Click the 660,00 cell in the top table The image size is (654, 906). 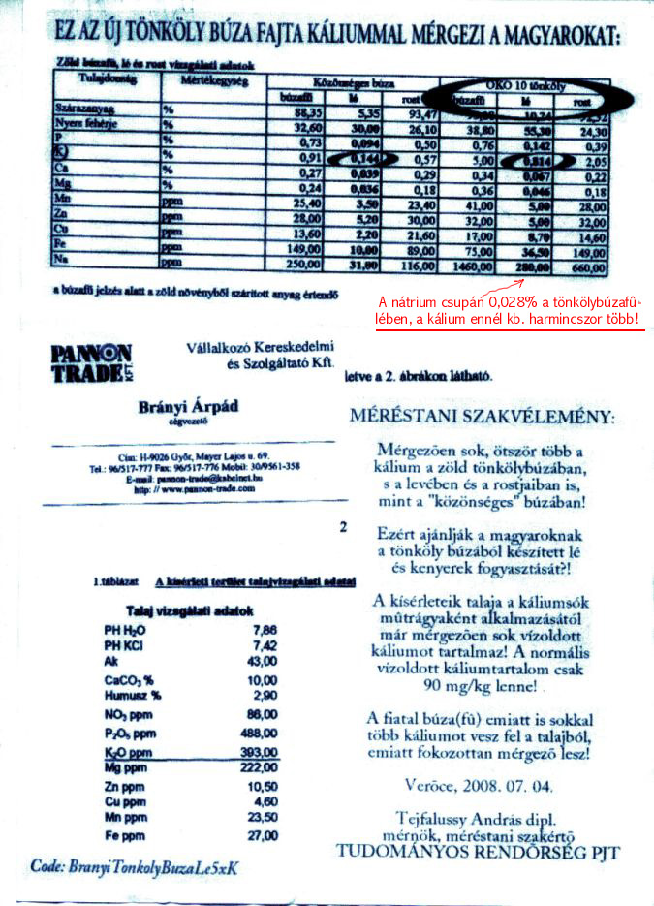[x=582, y=266]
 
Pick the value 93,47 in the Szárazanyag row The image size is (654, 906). [x=407, y=112]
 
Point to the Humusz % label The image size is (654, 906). [x=133, y=696]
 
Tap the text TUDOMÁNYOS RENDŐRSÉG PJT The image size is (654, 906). [x=478, y=853]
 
